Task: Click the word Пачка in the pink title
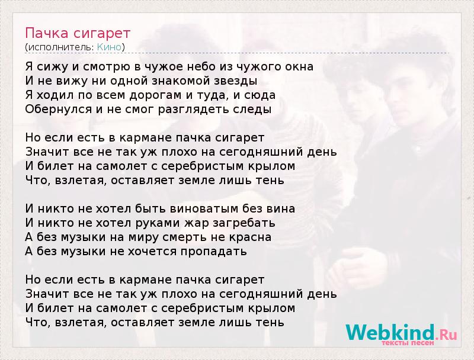pos(47,33)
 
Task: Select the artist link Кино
pos(109,47)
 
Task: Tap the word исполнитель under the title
pos(61,47)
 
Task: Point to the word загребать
pos(244,223)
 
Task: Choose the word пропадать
pos(214,251)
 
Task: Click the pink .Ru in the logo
pos(447,335)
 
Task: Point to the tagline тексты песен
pos(408,343)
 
